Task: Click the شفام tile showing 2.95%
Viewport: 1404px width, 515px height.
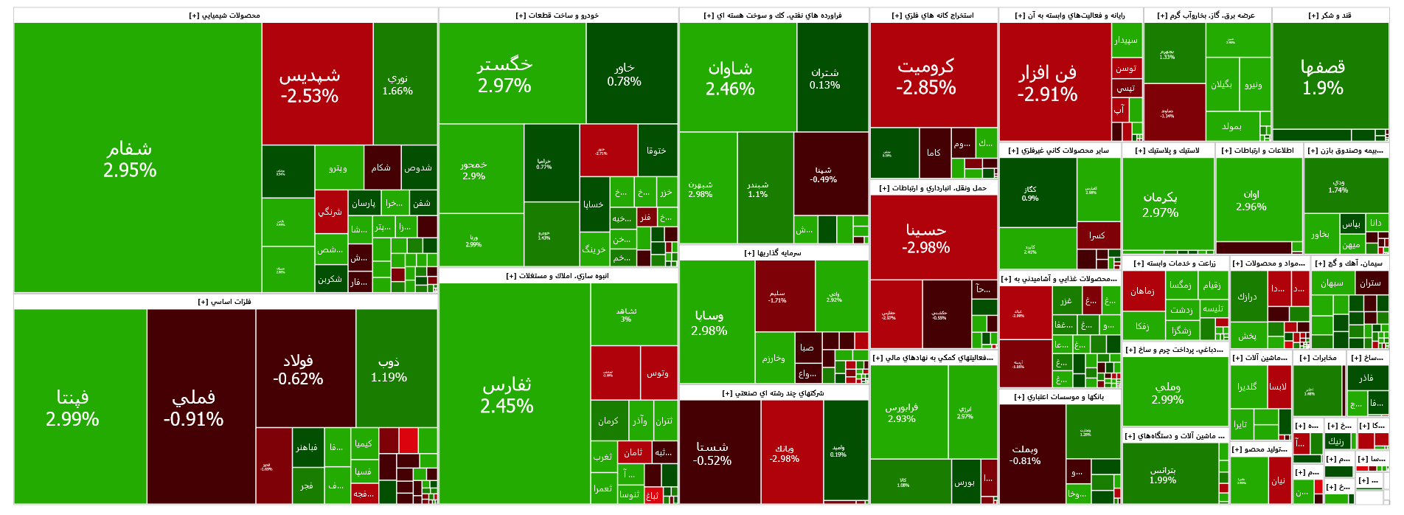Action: coord(130,159)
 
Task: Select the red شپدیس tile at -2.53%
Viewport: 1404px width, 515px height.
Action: coord(310,85)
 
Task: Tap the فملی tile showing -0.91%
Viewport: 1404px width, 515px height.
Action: coord(193,407)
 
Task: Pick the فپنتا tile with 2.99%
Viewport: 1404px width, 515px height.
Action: coord(72,407)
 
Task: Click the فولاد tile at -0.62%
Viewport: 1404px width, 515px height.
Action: coord(298,369)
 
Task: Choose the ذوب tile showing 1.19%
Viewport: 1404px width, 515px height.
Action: coord(389,369)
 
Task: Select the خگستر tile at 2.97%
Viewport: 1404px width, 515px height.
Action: coord(504,74)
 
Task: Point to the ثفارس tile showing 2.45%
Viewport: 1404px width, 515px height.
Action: coord(507,395)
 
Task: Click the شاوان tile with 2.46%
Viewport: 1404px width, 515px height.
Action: coord(730,77)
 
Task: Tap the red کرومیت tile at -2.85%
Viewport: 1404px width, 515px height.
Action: coord(925,76)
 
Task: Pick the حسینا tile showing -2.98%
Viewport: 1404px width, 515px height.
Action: coord(925,238)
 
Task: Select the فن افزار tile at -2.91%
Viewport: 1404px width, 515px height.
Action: coord(1047,83)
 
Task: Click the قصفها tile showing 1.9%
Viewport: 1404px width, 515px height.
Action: coord(1323,77)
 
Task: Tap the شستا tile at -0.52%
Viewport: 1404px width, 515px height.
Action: coord(712,453)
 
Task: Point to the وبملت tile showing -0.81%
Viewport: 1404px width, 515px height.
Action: coord(1025,454)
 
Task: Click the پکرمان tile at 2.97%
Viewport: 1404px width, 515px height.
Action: coord(1160,204)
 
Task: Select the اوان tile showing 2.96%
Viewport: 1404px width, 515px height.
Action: coord(1251,200)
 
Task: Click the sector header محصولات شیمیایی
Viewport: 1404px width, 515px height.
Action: coord(225,15)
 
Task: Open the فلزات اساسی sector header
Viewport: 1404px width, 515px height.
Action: coord(225,302)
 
